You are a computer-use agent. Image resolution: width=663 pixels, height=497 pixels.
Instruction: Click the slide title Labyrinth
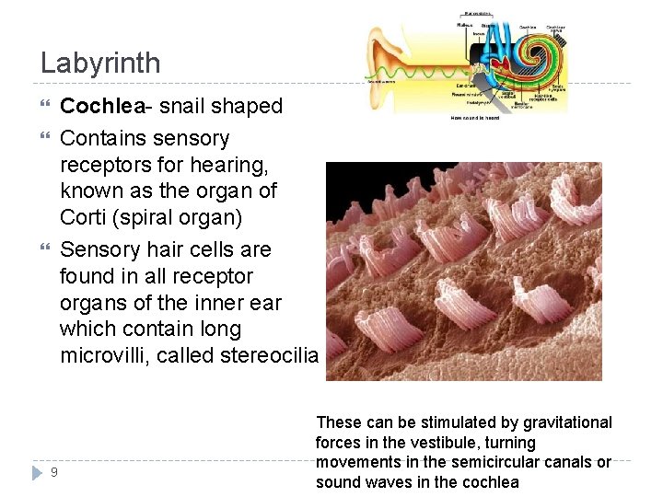[100, 64]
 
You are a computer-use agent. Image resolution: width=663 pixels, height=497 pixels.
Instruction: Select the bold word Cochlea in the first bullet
[97, 107]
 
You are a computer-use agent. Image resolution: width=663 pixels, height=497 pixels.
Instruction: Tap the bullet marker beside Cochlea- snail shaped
[46, 107]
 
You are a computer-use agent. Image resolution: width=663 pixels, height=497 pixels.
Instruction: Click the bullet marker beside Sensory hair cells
[46, 249]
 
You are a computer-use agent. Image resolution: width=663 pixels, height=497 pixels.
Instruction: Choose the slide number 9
[54, 472]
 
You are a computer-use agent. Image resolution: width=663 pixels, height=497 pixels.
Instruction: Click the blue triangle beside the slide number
[37, 472]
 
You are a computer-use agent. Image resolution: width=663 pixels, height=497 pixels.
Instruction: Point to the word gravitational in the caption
[568, 423]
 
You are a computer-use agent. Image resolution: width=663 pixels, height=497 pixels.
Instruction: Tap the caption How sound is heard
[475, 118]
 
